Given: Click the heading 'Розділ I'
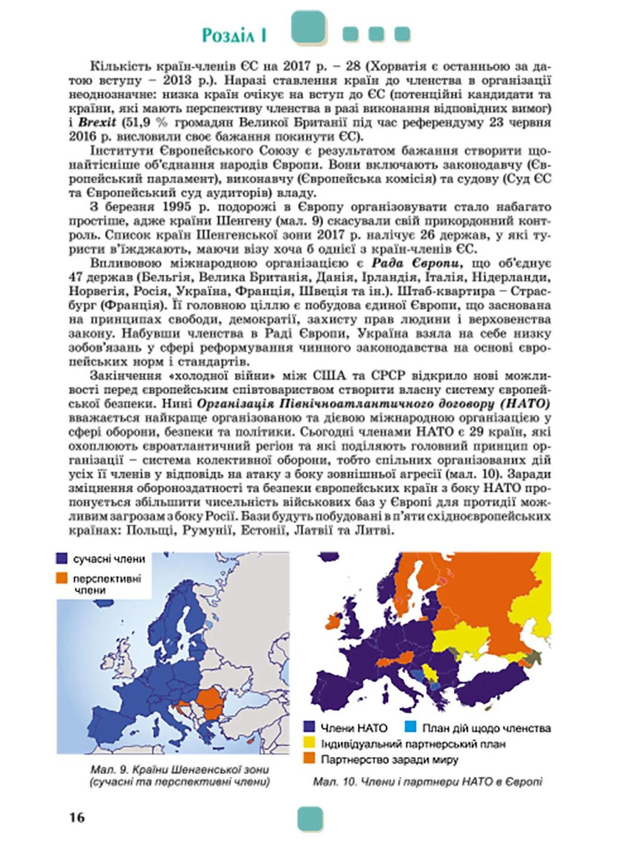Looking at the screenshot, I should pyautogui.click(x=234, y=35).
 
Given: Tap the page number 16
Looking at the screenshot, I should pyautogui.click(x=77, y=817).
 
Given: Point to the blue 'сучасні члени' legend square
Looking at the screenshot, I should pyautogui.click(x=62, y=558).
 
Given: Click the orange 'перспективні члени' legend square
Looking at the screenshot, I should pyautogui.click(x=62, y=578).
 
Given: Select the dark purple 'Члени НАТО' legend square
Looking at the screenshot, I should pyautogui.click(x=309, y=728).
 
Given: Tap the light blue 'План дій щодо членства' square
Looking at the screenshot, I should pyautogui.click(x=410, y=728).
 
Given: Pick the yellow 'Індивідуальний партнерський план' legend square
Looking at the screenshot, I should pyautogui.click(x=309, y=744).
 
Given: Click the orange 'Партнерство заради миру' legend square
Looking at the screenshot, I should pyautogui.click(x=309, y=759).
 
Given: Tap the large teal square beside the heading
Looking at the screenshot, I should pyautogui.click(x=308, y=27).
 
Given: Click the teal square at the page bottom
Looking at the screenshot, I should pyautogui.click(x=310, y=818).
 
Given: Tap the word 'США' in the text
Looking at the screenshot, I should pyautogui.click(x=328, y=376).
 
